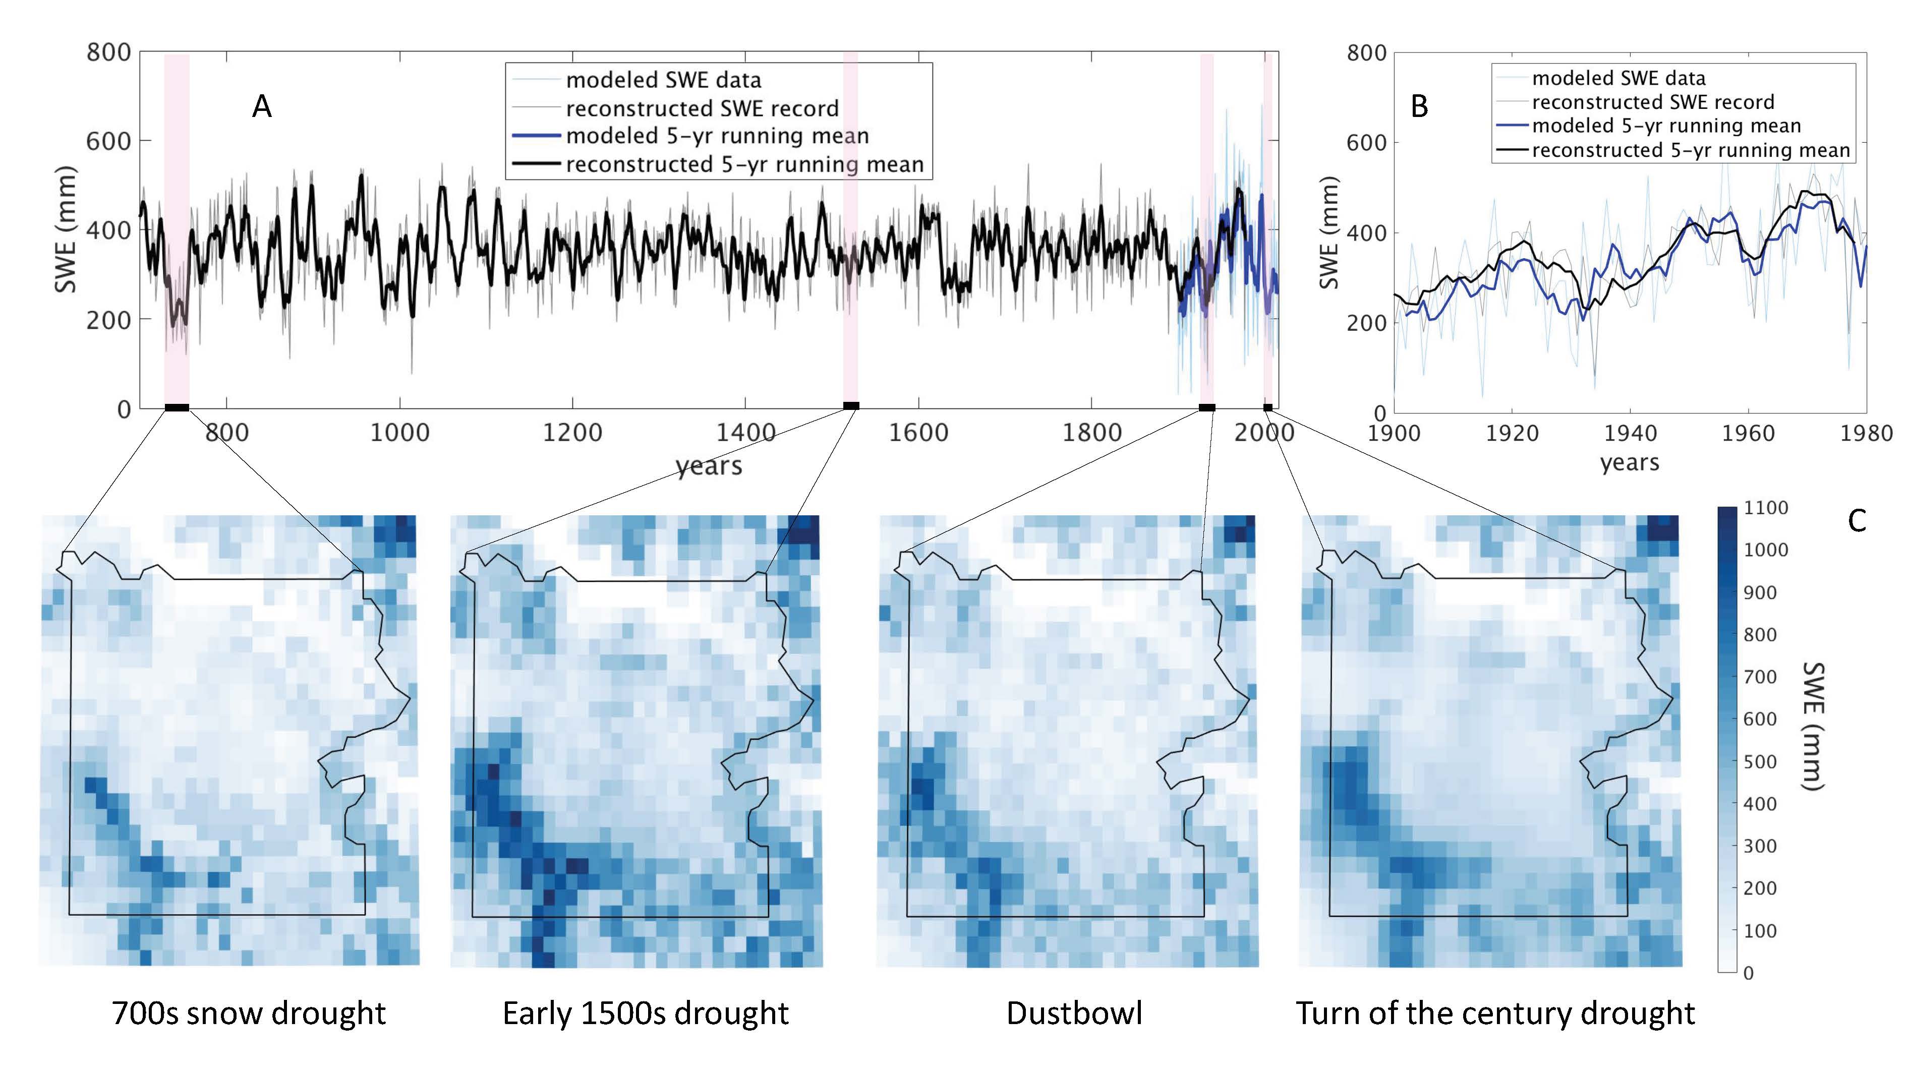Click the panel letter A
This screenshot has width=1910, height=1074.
262,107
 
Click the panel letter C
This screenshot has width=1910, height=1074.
1857,521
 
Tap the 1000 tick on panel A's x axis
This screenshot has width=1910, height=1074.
399,433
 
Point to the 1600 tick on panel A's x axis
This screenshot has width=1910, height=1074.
918,433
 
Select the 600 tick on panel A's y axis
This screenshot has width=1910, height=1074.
108,141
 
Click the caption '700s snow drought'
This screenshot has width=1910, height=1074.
249,1013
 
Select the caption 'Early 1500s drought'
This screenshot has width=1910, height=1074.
646,1013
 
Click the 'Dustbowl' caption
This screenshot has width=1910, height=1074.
1074,1013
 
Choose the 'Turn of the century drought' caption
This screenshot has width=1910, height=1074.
1495,1013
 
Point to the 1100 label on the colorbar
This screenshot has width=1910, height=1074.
1766,508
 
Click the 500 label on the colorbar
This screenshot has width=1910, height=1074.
1761,761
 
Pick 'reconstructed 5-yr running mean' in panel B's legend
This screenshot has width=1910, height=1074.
1691,150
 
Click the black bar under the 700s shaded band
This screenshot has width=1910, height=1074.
177,407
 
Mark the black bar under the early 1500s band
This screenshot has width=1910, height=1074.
851,405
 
